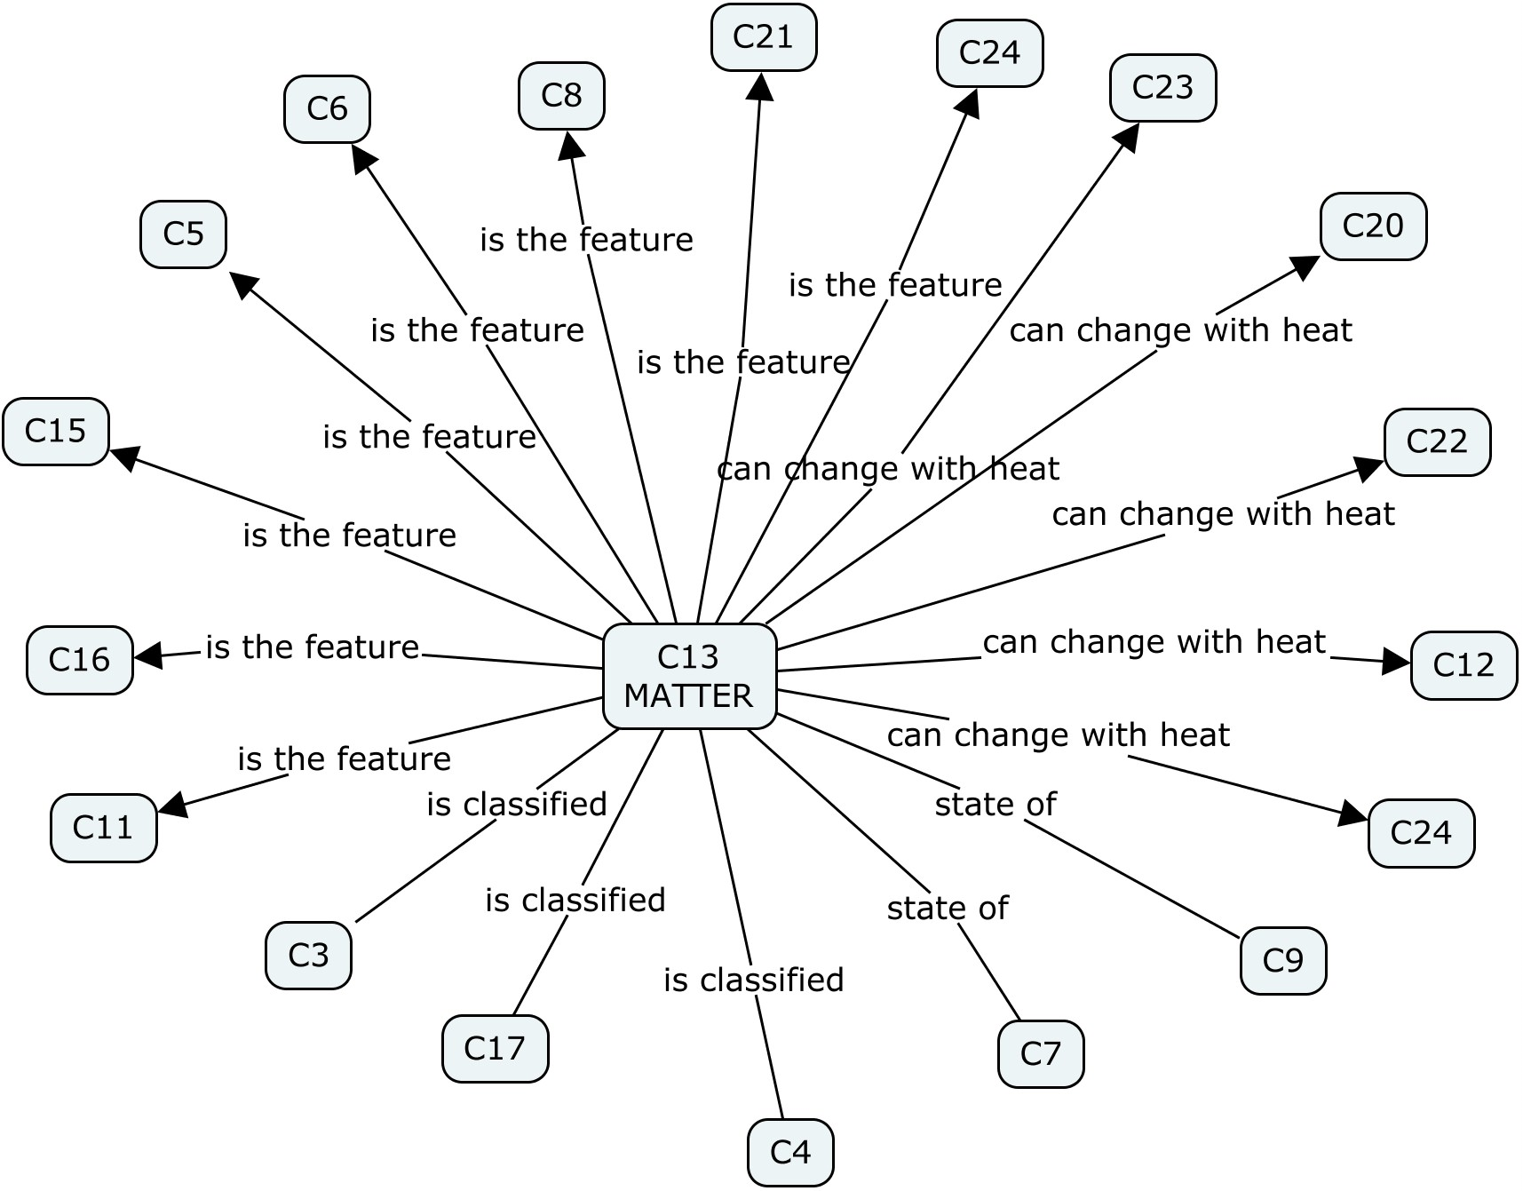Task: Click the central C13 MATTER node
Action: [x=689, y=676]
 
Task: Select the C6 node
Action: [x=327, y=108]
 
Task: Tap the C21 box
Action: [x=763, y=37]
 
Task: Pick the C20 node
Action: [x=1372, y=226]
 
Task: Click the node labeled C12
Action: [x=1463, y=665]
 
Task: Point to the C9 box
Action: [x=1282, y=960]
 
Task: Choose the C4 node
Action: [x=789, y=1152]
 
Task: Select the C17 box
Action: [x=495, y=1048]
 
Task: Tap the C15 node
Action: [x=55, y=431]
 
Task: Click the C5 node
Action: [x=183, y=234]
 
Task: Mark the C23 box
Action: [x=1162, y=87]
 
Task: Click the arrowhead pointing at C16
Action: [x=147, y=655]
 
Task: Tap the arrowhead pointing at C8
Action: [x=569, y=145]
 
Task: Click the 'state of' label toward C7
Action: [x=947, y=908]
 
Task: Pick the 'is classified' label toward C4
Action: [x=753, y=980]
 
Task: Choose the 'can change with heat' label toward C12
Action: [x=1154, y=641]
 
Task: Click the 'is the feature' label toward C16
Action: [x=312, y=647]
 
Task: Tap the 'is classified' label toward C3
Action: [x=516, y=804]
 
